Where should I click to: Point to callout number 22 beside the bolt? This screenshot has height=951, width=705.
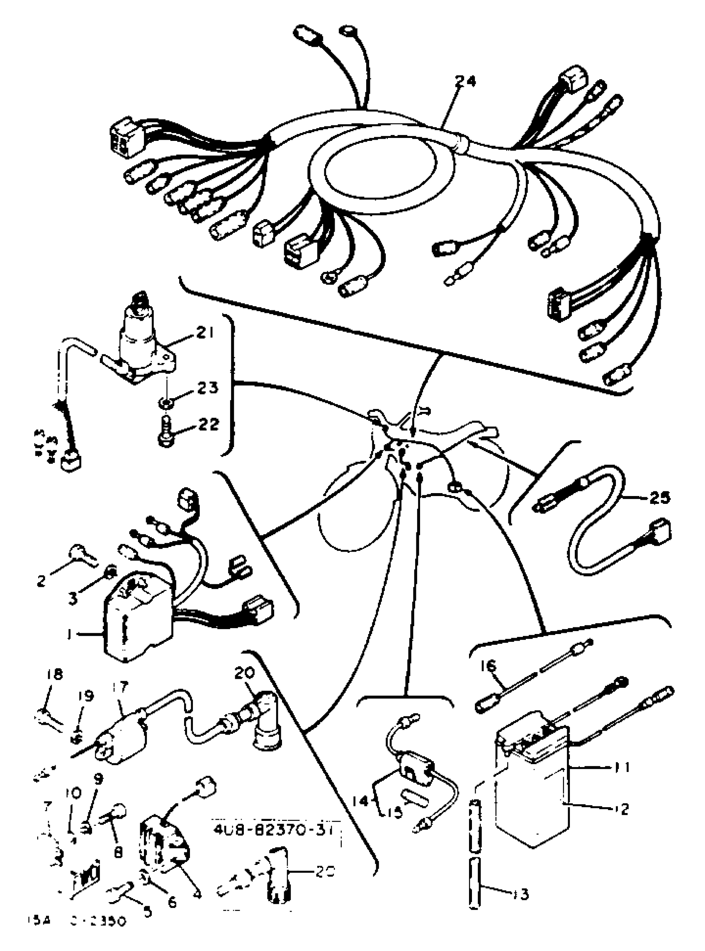[x=208, y=424]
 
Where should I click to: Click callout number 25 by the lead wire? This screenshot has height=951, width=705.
[x=659, y=497]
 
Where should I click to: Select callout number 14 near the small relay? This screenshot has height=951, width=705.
[x=362, y=801]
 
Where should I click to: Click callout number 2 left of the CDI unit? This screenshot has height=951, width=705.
[x=41, y=581]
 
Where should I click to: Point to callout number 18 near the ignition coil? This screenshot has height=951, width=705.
[x=55, y=674]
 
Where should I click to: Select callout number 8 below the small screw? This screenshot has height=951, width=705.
[x=118, y=852]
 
